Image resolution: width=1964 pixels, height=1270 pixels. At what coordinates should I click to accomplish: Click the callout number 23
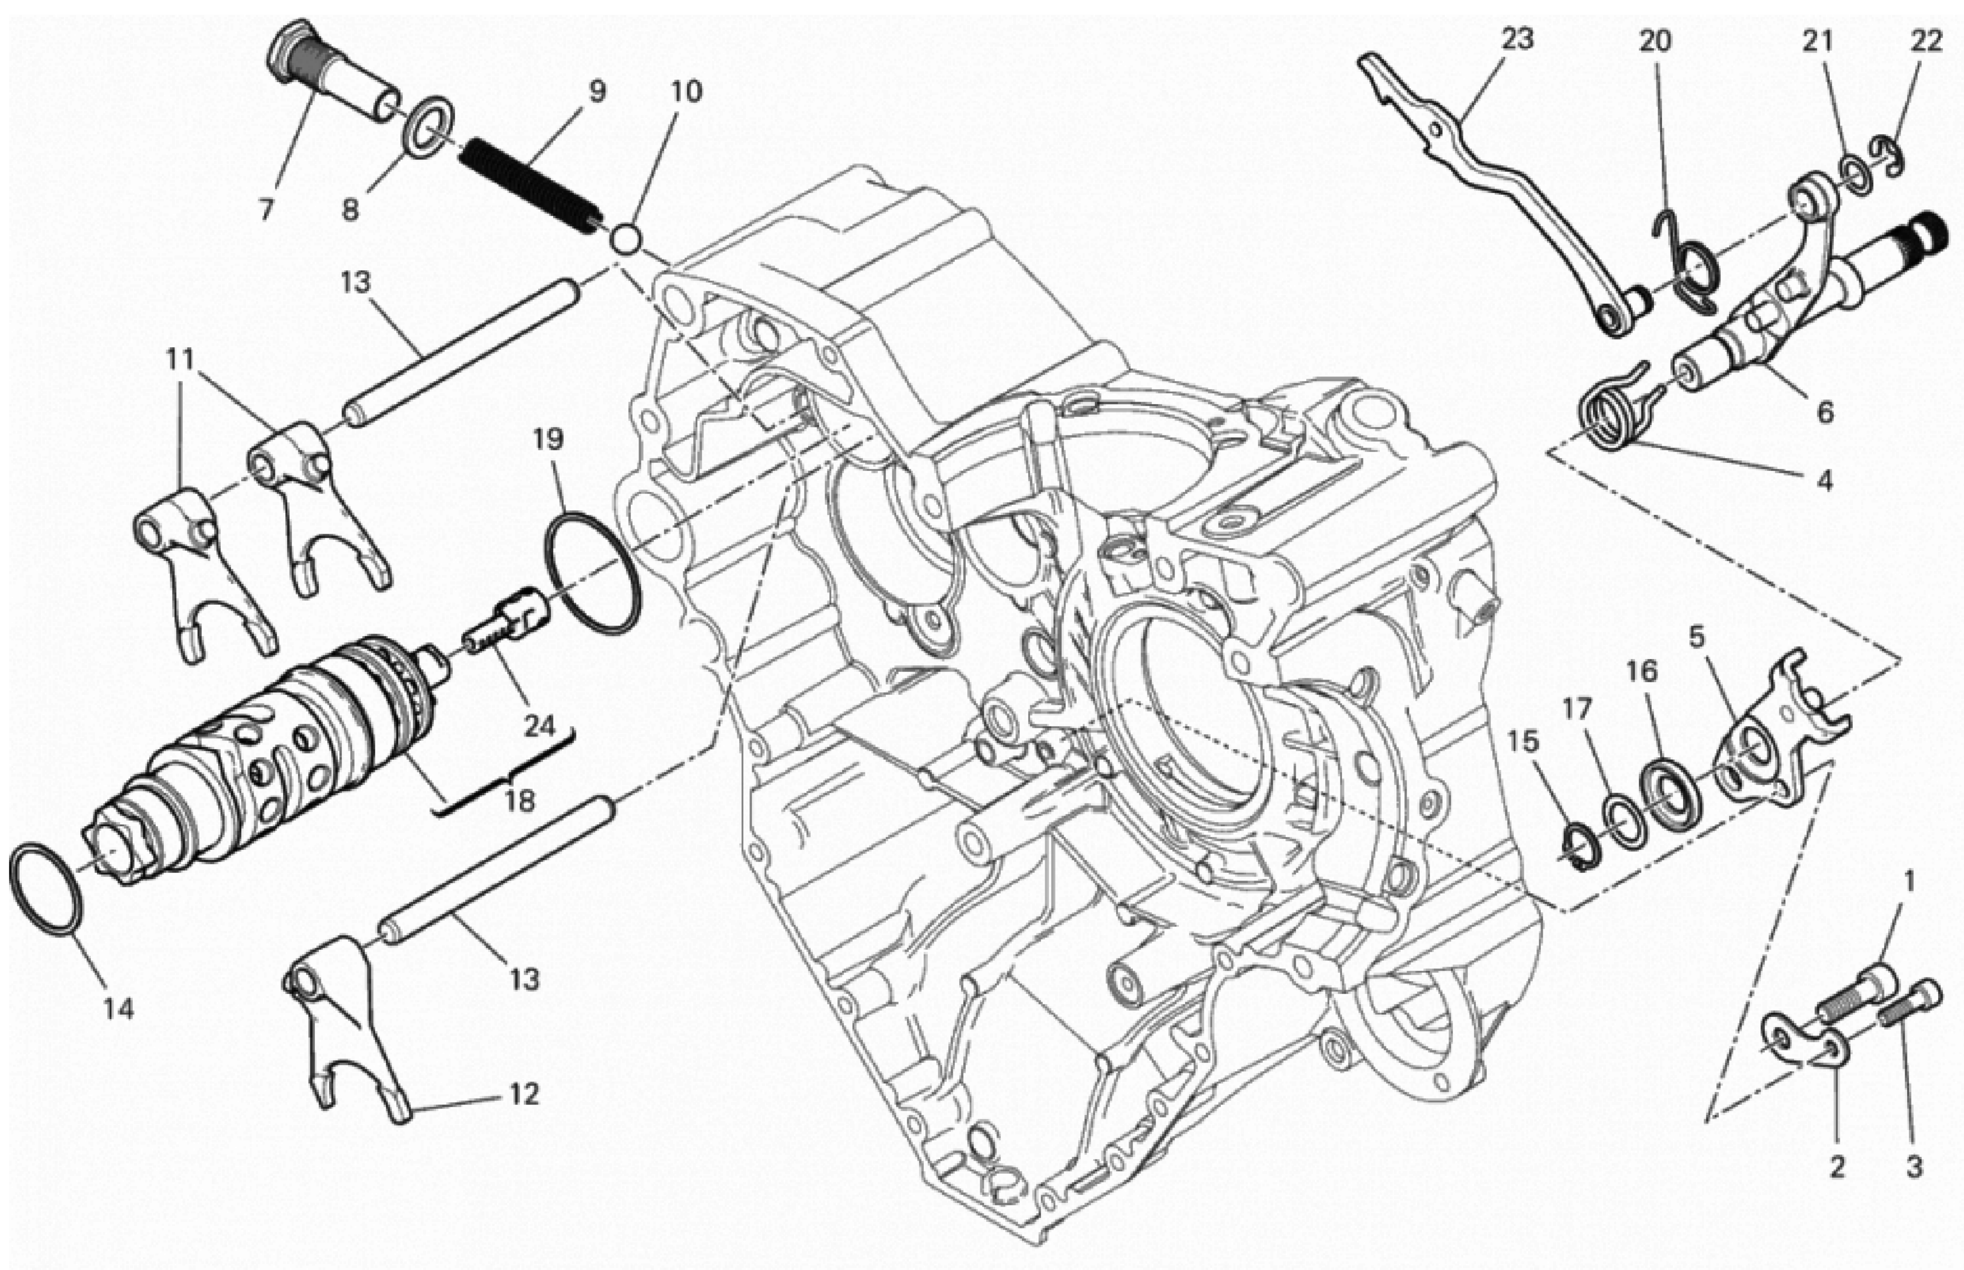(1516, 40)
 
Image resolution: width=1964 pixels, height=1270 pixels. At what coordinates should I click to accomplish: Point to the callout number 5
(1696, 637)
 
